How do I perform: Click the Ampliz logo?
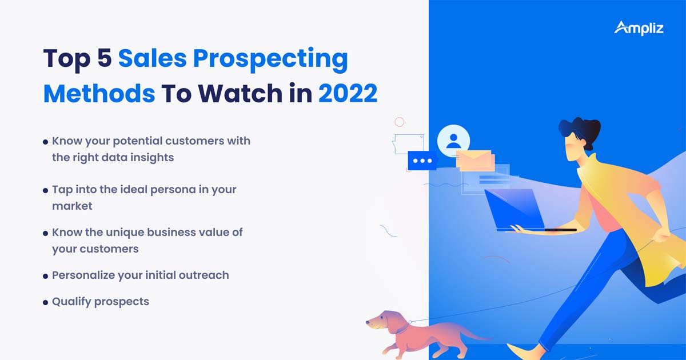(x=639, y=27)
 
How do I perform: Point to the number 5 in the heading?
(x=103, y=60)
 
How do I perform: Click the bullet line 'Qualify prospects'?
(x=100, y=301)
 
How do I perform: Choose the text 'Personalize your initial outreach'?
(x=140, y=275)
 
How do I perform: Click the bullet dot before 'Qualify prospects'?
(x=45, y=302)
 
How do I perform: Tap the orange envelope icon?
(x=473, y=159)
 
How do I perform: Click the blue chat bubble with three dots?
(x=422, y=161)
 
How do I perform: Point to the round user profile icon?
(x=453, y=141)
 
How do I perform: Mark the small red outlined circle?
(x=400, y=122)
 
